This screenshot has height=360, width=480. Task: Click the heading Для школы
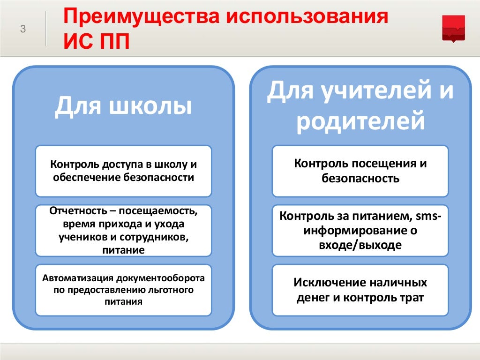123,105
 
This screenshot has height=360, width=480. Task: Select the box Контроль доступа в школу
123,171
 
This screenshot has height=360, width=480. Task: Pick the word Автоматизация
78,277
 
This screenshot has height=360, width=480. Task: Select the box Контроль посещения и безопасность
360,171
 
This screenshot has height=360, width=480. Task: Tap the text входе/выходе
360,245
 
